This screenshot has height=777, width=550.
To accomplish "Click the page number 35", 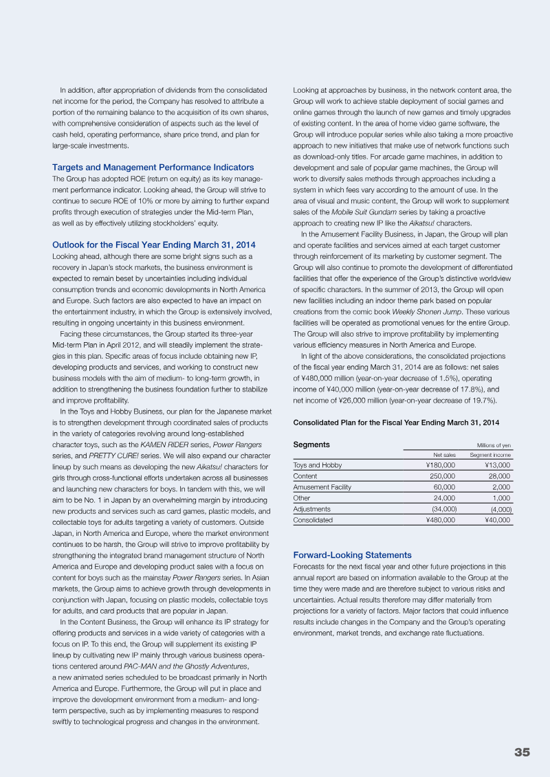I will [522, 752].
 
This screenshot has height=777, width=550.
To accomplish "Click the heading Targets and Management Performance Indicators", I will [153, 167].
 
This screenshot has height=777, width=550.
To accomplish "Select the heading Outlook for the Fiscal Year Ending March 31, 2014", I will [153, 245].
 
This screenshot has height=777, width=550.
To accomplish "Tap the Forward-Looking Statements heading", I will [352, 554].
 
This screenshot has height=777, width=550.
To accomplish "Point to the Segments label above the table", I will [311, 444].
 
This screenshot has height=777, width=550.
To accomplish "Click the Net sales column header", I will [444, 455].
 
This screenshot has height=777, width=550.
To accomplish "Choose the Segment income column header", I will [490, 455].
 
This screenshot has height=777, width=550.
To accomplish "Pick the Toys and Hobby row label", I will [317, 465].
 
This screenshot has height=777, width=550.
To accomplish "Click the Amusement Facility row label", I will [322, 487].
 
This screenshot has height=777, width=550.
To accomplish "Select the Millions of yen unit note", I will [494, 445].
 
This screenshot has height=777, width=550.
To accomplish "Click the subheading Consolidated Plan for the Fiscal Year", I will [396, 422].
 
